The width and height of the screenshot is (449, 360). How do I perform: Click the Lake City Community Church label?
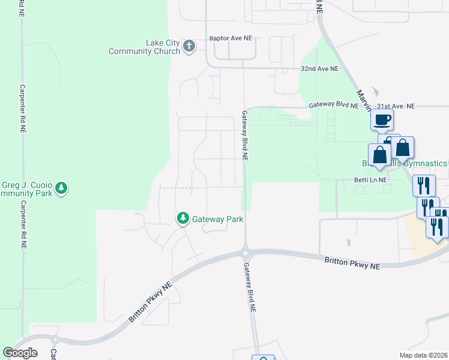pos(144,47)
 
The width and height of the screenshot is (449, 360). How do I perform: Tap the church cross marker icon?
pos(189,46)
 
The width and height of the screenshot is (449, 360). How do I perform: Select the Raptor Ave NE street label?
pos(231,38)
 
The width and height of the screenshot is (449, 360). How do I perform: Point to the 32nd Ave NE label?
pos(319,69)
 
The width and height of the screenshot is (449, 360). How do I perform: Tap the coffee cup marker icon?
pos(382,120)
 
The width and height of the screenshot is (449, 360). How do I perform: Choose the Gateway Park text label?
pos(217,219)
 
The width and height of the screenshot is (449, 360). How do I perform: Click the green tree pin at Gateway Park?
pos(182,218)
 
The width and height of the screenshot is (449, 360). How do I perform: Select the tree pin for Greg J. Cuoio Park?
pos(61,188)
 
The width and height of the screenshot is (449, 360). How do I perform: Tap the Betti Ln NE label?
pos(370,179)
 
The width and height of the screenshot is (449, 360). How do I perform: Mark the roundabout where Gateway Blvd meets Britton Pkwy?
pos(245,250)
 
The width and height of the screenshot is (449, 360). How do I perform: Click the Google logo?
pos(19,353)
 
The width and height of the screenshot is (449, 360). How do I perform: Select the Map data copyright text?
pos(424,355)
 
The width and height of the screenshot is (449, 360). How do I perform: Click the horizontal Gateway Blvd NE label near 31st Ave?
pos(334,105)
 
